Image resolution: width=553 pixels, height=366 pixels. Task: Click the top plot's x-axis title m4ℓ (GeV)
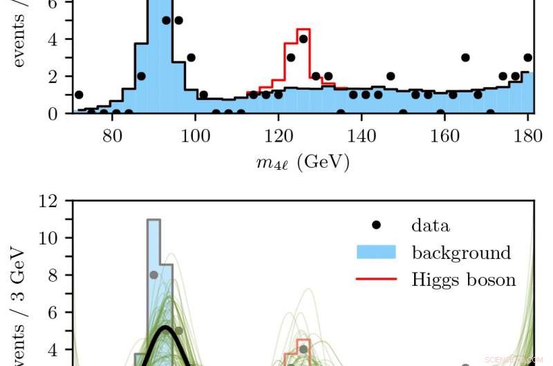(x=300, y=163)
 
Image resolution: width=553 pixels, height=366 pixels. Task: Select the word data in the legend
(x=430, y=225)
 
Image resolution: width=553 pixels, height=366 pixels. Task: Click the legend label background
(x=461, y=253)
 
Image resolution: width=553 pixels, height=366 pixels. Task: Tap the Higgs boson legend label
(x=463, y=280)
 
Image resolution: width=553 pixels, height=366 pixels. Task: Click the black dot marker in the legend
(x=376, y=225)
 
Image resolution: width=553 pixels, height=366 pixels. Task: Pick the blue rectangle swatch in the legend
(x=376, y=252)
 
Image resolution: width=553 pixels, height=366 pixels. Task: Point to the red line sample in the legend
(x=376, y=280)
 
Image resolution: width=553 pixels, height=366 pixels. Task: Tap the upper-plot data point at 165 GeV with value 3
(x=465, y=57)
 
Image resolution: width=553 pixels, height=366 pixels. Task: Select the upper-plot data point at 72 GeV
(x=79, y=95)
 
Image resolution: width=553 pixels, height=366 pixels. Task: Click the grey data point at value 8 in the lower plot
(x=153, y=275)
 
